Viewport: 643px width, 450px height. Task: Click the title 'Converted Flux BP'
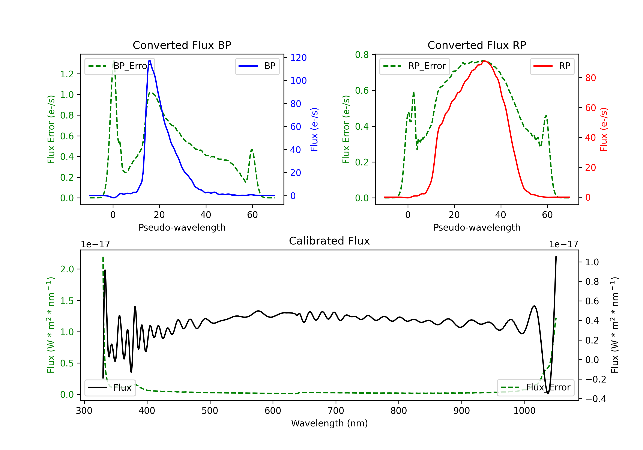[x=182, y=45]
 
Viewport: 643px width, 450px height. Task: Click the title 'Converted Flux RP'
[x=477, y=45]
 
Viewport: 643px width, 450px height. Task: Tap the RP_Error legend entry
[x=415, y=66]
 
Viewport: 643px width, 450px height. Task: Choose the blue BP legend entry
[x=257, y=66]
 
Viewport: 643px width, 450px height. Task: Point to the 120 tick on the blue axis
[x=298, y=58]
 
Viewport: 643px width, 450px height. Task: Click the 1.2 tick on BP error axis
[x=67, y=74]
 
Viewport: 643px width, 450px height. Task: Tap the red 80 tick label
[x=590, y=78]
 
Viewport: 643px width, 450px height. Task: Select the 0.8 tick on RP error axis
[x=362, y=55]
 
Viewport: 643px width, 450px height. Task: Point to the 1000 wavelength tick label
[x=524, y=411]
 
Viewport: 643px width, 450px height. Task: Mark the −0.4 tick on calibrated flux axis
[x=595, y=399]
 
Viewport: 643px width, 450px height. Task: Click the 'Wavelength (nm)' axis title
[x=329, y=423]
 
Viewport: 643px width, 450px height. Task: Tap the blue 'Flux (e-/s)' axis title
[x=314, y=129]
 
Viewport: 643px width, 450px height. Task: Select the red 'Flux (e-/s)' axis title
[x=604, y=129]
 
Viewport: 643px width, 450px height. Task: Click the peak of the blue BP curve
[x=150, y=61]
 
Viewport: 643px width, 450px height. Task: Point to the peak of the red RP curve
[x=484, y=61]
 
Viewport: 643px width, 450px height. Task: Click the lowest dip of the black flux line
[x=548, y=393]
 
